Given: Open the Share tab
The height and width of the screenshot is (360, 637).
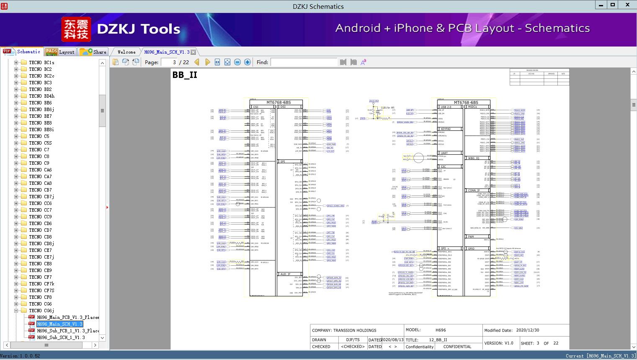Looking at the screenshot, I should coord(93,52).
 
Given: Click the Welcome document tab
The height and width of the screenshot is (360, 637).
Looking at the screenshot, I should coord(126,52).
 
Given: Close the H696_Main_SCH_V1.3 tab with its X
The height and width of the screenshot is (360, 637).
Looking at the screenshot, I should coord(193,52).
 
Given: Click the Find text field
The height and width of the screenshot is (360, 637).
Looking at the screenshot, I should coord(304,62).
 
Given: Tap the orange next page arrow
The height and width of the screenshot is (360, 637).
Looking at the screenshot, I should coord(207,62).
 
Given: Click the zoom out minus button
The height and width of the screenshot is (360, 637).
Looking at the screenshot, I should coord(237,62).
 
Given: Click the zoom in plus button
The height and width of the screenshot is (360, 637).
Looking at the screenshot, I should coord(248,62).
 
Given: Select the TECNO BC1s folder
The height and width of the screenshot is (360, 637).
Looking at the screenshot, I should coord(41,62).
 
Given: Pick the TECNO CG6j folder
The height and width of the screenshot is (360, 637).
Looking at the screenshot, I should coord(41,311).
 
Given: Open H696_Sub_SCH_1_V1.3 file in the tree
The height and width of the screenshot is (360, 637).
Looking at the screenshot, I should coord(61,337).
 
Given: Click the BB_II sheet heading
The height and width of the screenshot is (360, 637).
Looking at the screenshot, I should coord(185,75).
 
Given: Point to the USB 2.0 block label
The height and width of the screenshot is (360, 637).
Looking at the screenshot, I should coord(446,107).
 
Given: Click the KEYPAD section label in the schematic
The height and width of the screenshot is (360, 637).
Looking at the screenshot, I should coord(446,129).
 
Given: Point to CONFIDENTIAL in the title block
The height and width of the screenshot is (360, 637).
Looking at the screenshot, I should coord(457,347).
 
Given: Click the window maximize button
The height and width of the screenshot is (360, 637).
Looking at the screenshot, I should coord(613,5).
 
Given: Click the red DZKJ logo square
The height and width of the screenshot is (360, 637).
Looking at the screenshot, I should coord(76,29).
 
